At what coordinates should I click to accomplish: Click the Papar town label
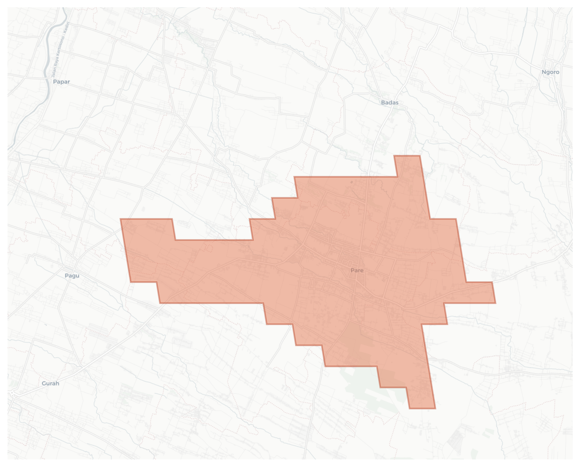click(61, 82)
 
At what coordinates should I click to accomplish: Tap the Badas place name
click(390, 102)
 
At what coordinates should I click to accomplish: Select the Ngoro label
click(550, 72)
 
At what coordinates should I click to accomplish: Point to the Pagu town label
click(72, 276)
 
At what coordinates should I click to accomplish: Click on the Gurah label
click(50, 383)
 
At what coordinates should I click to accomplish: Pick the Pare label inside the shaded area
click(357, 270)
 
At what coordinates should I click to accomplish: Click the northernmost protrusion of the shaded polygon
click(407, 156)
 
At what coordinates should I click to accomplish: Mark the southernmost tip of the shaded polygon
click(422, 408)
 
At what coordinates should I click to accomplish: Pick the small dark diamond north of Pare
click(352, 182)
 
